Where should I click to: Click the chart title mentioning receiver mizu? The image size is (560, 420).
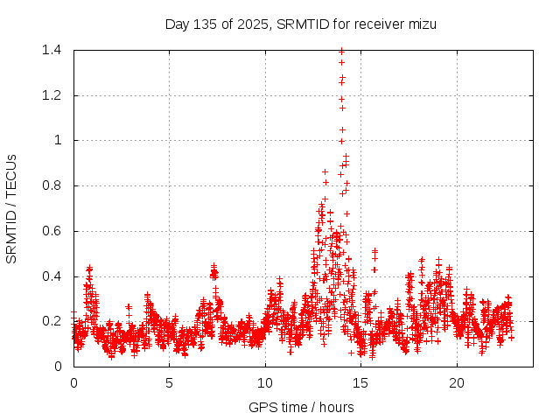300,24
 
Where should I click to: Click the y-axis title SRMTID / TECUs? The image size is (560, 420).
12,208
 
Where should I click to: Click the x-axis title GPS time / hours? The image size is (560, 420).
300,407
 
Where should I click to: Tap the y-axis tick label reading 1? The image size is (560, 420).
57,140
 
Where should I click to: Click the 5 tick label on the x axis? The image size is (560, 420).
169,383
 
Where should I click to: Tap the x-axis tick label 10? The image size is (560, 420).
265,383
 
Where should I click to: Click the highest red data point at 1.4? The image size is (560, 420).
341,51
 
